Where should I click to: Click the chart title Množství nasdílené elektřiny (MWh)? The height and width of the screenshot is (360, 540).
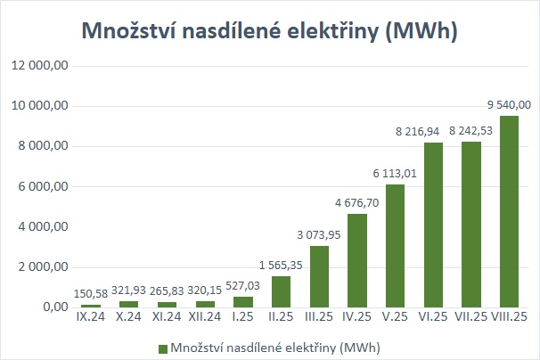269,31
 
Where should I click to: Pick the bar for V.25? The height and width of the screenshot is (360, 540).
395,246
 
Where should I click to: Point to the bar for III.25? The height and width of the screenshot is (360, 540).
319,276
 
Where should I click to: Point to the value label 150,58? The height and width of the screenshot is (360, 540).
91,294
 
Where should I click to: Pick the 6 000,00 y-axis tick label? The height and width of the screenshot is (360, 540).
43,187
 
